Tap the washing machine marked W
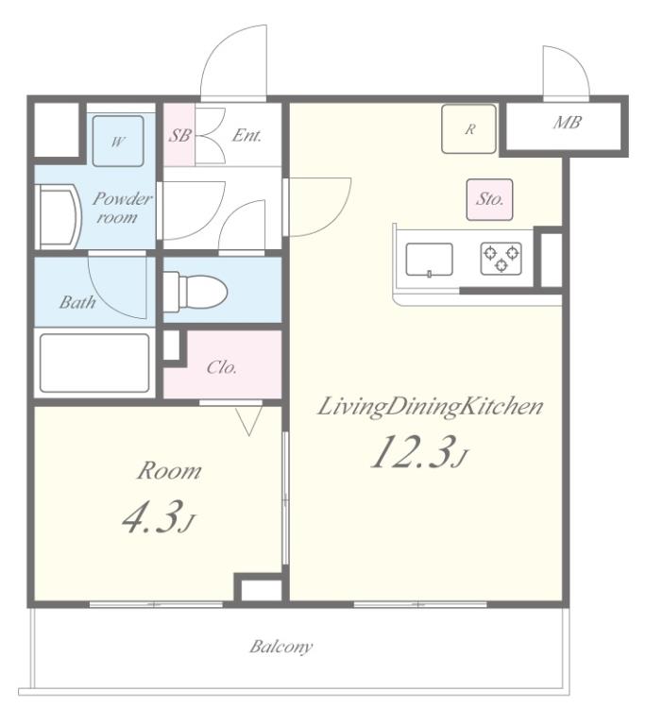tap(118, 141)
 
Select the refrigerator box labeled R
tap(468, 129)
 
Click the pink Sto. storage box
tap(489, 199)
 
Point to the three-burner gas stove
tap(501, 259)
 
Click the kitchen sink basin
tap(430, 260)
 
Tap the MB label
tap(567, 123)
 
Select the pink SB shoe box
tap(179, 135)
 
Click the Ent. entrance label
tap(247, 135)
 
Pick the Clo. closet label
tap(222, 367)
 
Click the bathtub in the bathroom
tap(94, 362)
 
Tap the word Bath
tap(77, 302)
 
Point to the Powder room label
tap(122, 208)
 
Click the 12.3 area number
tap(417, 452)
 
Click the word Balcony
tap(281, 647)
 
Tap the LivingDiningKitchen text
tap(430, 407)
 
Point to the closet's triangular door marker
tap(249, 420)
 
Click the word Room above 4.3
tap(169, 471)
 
